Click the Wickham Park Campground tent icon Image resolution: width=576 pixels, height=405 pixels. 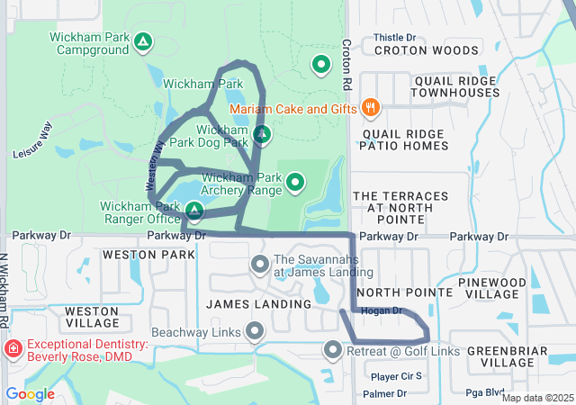(142, 41)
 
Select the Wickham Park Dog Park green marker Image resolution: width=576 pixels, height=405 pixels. (262, 135)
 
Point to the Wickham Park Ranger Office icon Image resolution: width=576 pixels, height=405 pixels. (193, 211)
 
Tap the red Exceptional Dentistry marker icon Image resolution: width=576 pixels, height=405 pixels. (13, 349)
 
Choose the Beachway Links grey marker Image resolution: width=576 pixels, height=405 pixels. (255, 332)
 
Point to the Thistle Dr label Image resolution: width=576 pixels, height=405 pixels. (394, 39)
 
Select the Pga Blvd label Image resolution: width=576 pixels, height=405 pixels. (483, 393)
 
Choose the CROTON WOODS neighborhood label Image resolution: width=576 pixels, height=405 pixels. (414, 51)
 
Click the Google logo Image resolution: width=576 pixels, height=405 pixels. (30, 394)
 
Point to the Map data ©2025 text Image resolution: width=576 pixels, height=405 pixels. (536, 398)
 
